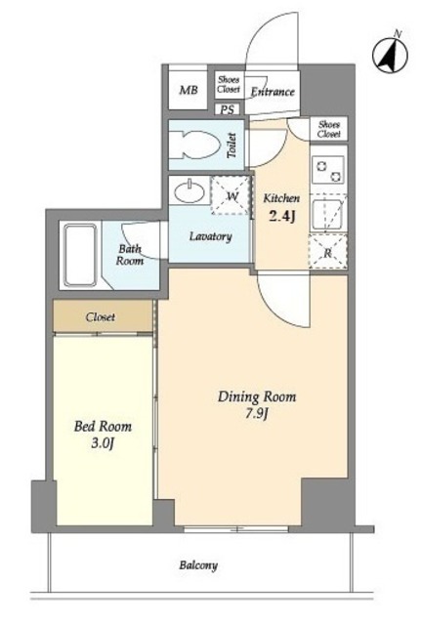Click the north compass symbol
click(390, 55)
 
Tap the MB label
click(189, 90)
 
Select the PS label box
click(228, 109)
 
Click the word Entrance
click(273, 92)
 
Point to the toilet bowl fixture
click(195, 145)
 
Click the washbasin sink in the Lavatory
click(189, 191)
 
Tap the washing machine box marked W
click(231, 195)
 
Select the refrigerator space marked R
click(327, 252)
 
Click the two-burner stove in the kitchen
click(327, 169)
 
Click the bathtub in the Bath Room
click(80, 255)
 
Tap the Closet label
click(101, 317)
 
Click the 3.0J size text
click(103, 442)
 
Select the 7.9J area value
click(256, 414)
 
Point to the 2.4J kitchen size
click(282, 216)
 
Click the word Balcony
click(198, 565)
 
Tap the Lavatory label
click(211, 236)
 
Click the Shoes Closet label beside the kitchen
click(329, 129)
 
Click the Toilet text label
click(232, 146)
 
